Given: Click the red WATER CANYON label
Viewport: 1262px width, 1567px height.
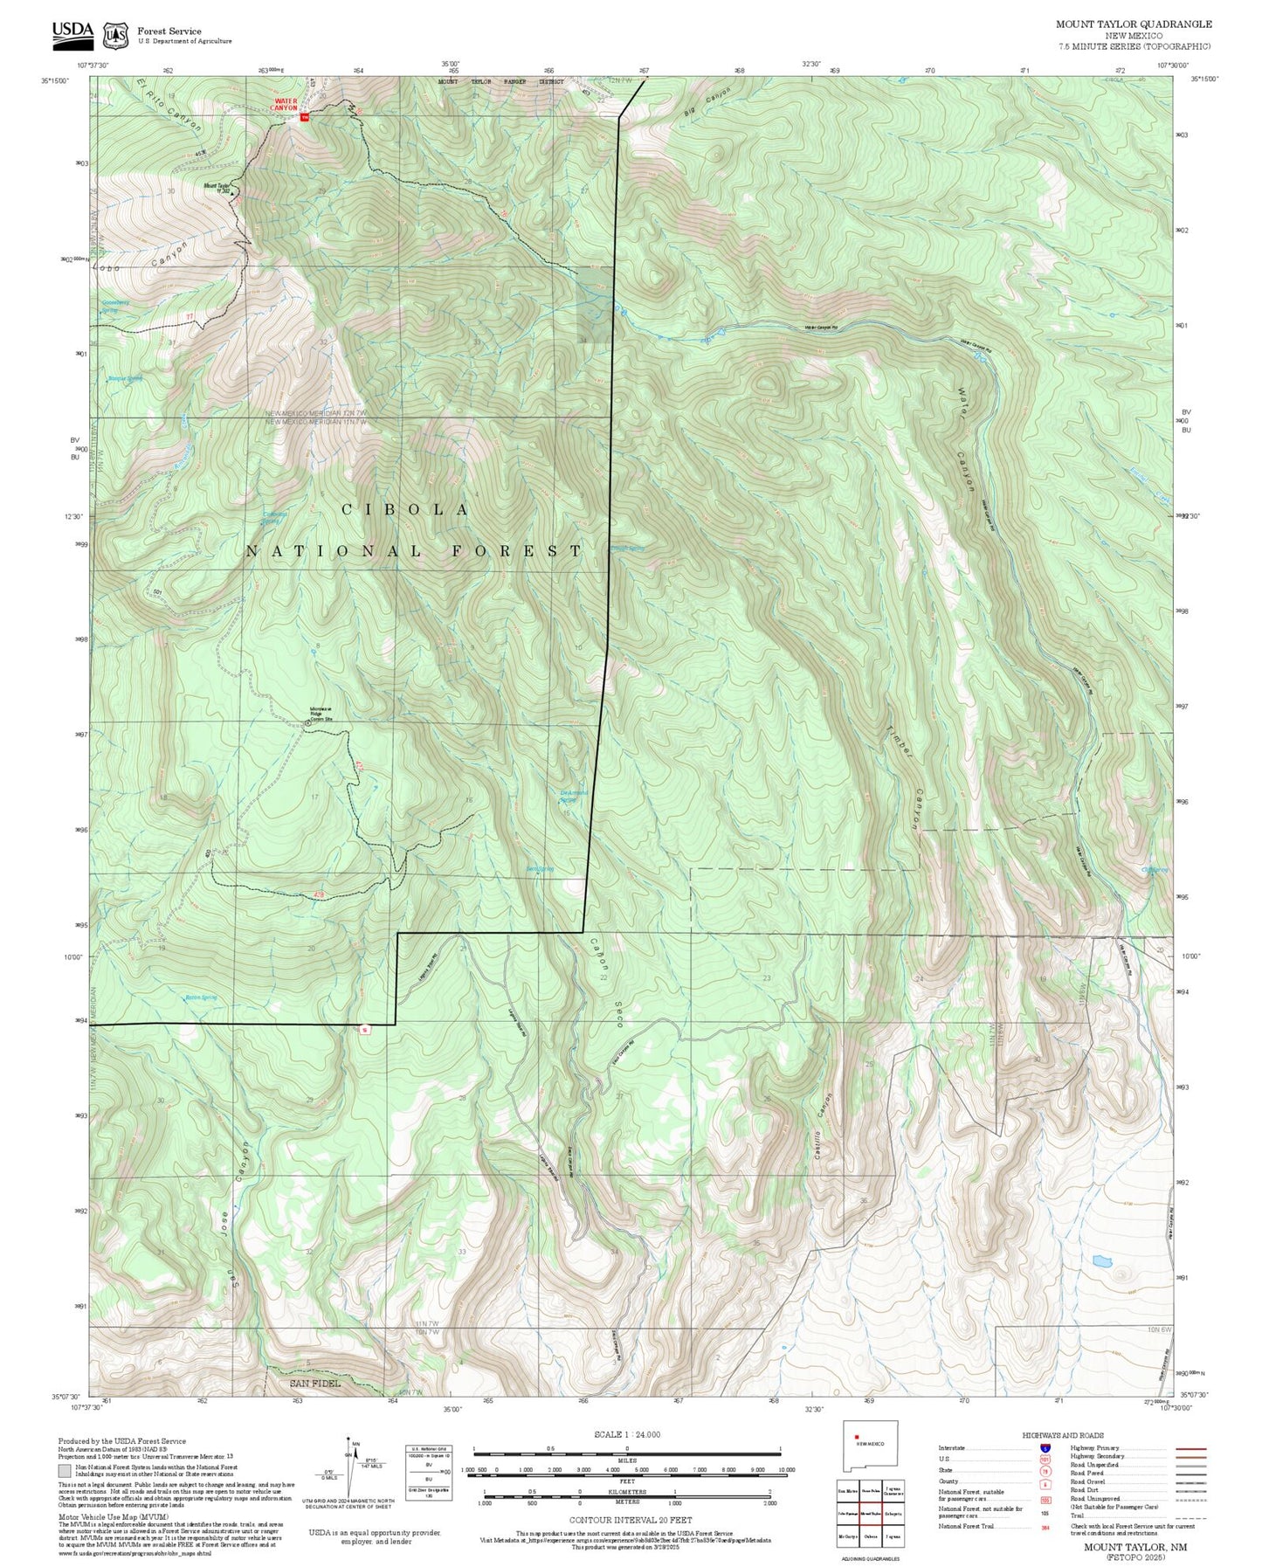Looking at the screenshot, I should [286, 104].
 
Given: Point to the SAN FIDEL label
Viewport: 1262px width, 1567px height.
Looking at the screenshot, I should [315, 1384].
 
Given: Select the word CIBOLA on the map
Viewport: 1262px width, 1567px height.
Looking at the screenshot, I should [406, 509].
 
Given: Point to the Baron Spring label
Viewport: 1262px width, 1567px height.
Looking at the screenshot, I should [201, 997].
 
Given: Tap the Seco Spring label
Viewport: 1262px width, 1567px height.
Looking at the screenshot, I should [539, 869].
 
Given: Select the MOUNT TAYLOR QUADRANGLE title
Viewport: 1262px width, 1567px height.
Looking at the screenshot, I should [1134, 24].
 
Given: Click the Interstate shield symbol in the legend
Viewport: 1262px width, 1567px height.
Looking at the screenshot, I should [1046, 1448].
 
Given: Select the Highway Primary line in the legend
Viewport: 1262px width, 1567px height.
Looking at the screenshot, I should [1190, 1448].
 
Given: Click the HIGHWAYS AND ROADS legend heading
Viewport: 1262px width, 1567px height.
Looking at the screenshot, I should [1062, 1435].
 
